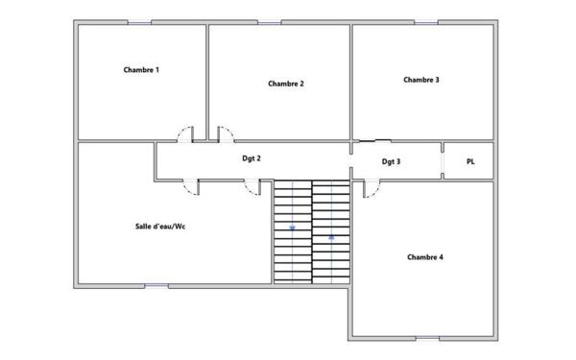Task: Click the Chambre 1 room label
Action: [141, 70]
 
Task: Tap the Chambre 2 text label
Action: [286, 84]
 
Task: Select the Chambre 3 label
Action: [421, 80]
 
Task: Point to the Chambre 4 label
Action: [425, 257]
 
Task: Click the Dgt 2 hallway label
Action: [252, 158]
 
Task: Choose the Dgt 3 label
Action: [391, 161]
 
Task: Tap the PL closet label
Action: [470, 161]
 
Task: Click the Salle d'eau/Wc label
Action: [160, 227]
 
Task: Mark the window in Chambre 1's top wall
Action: [139, 23]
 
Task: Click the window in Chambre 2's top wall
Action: [269, 23]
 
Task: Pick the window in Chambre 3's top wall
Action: [426, 23]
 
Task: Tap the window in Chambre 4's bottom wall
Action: [427, 338]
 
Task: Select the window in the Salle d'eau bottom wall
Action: [156, 286]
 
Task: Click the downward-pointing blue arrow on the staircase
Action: [293, 228]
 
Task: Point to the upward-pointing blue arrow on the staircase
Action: [331, 237]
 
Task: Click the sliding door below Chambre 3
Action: [374, 141]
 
